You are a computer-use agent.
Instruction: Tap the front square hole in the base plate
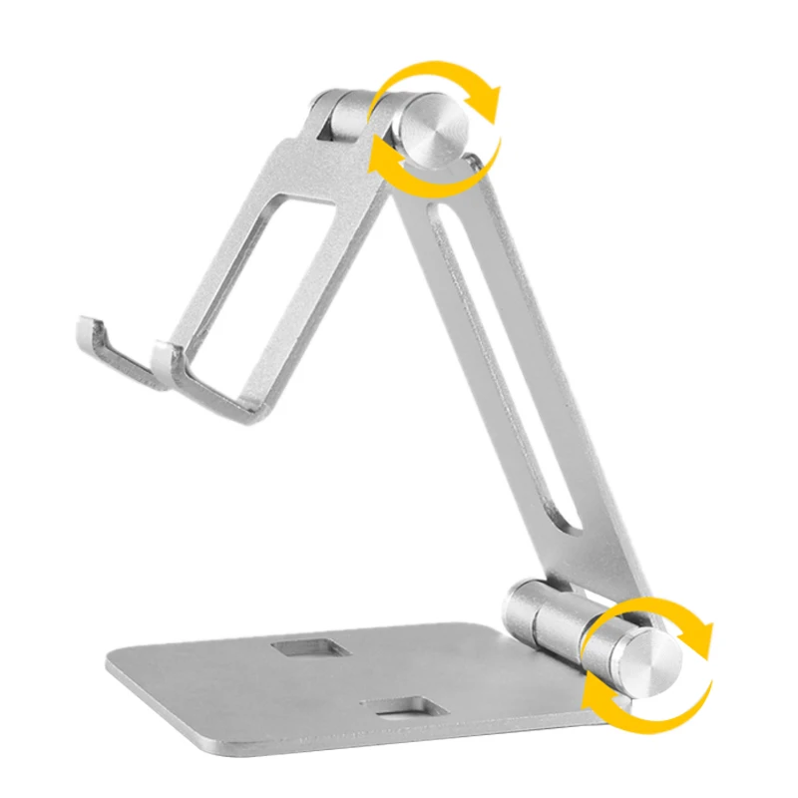click(405, 709)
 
